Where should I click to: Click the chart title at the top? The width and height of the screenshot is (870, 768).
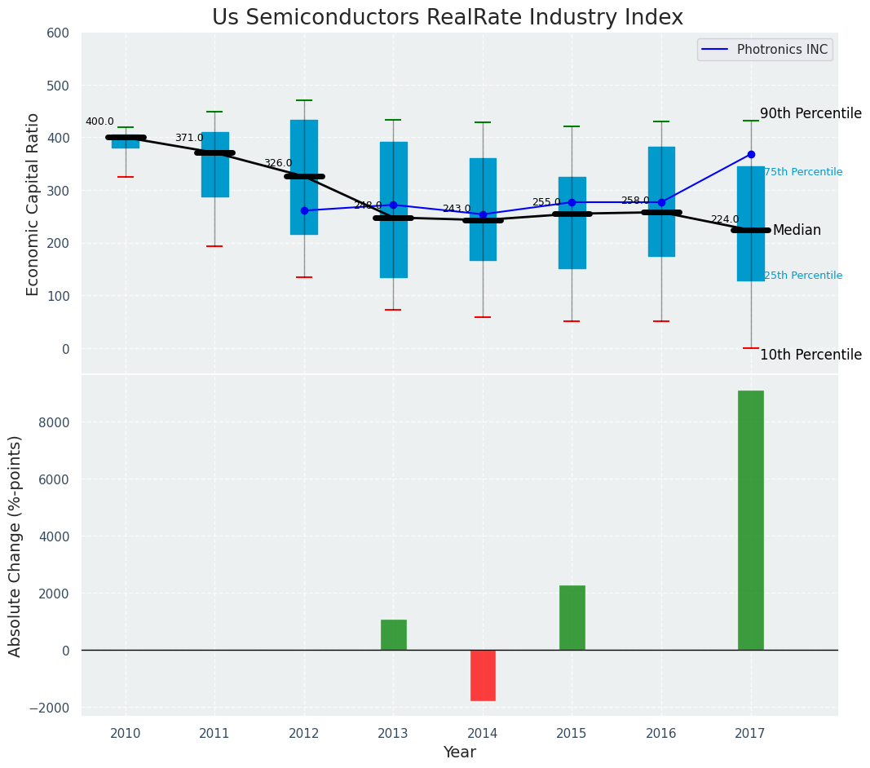(447, 18)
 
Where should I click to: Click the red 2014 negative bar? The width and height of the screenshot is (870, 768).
(483, 675)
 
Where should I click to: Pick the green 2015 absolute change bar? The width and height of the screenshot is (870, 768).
(572, 617)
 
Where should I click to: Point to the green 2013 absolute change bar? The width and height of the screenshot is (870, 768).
(393, 634)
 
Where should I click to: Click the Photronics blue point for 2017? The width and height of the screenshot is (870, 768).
(751, 154)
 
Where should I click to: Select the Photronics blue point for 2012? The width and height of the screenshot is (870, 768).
(304, 210)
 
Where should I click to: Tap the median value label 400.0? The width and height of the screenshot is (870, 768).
(99, 122)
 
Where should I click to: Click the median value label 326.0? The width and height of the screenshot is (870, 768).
(277, 164)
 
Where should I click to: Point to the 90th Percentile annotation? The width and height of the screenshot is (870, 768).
(810, 113)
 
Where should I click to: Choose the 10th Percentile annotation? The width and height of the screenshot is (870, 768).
(810, 355)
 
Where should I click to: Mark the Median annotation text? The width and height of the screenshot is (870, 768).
(797, 231)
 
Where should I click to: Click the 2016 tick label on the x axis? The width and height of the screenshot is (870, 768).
(660, 733)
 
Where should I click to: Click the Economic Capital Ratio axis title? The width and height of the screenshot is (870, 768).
(33, 204)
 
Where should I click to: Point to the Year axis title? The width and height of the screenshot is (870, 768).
(460, 753)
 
